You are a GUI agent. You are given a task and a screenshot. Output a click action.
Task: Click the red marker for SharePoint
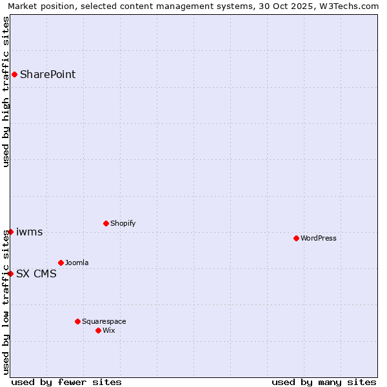tap(14, 74)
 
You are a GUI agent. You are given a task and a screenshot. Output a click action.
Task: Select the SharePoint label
tap(48, 74)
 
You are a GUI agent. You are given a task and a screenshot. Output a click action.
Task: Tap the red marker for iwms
tap(11, 232)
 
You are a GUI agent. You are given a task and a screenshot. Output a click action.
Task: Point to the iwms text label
tap(30, 232)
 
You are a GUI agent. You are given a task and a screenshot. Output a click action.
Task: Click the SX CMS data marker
tap(11, 273)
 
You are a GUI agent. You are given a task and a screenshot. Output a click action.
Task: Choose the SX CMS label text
tap(36, 274)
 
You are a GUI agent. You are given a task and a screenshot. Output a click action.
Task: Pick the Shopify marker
tap(106, 223)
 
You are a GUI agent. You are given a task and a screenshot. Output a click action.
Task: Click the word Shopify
tap(123, 224)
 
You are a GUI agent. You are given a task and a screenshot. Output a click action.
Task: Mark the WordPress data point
tap(296, 238)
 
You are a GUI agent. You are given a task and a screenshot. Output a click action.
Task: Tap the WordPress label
tap(319, 239)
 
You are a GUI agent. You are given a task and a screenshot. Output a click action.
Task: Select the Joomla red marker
tap(61, 263)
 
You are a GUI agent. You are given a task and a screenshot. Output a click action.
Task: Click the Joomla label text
tap(77, 263)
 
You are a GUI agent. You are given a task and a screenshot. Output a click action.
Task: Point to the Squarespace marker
tap(77, 321)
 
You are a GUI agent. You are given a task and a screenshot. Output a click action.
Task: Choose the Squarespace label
tap(104, 322)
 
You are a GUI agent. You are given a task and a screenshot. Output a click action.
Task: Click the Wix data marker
tap(98, 330)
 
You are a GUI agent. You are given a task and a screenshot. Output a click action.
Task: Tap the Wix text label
tap(109, 331)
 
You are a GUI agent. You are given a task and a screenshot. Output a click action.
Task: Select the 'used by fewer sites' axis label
tap(66, 382)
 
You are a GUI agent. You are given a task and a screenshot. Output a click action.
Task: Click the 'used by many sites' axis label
tap(324, 382)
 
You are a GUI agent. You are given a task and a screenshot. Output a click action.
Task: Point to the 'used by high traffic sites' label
tap(6, 92)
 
